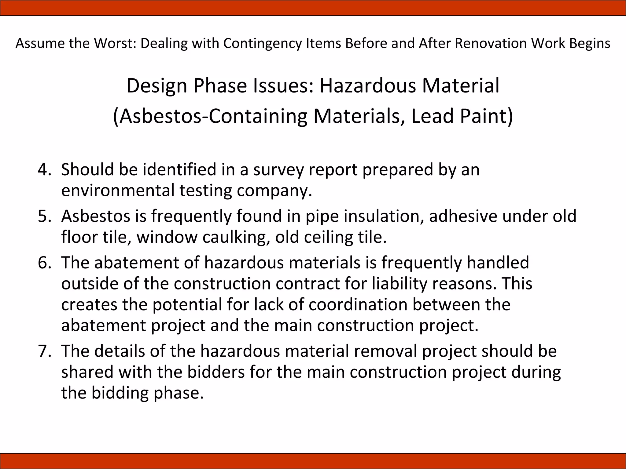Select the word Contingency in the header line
(262, 43)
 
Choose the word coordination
(358, 305)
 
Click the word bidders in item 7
(216, 372)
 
